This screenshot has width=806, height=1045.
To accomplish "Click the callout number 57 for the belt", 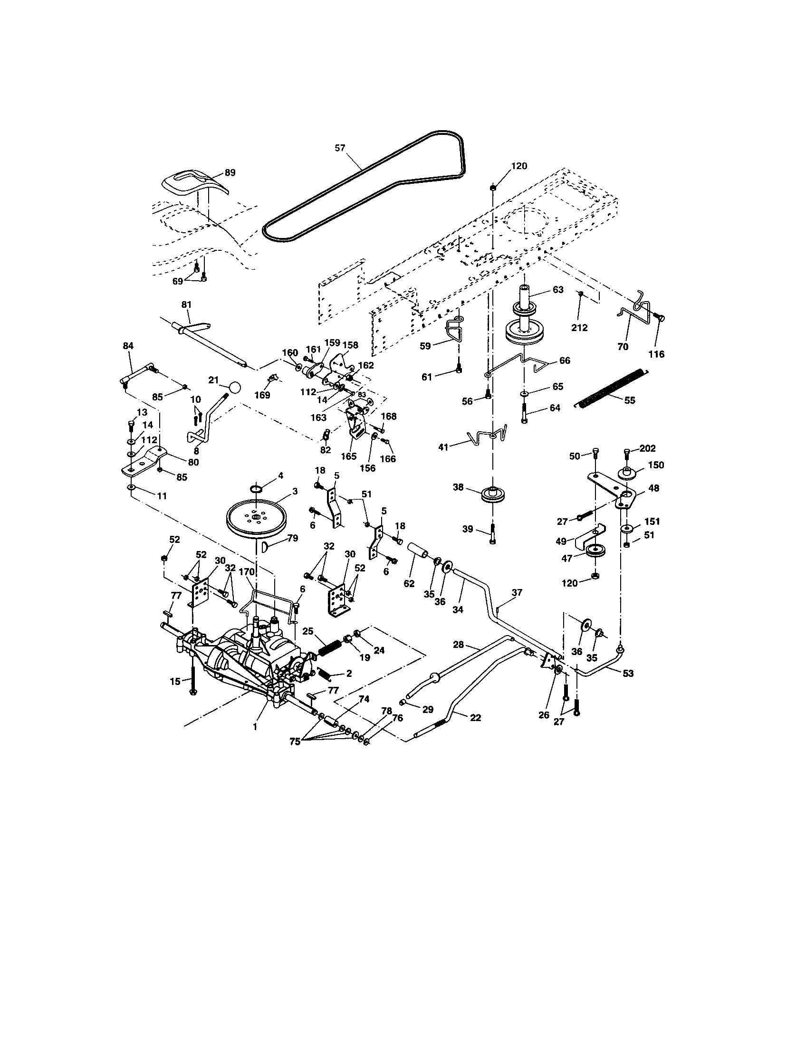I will [339, 148].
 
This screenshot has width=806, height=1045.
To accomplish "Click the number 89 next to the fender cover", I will [230, 173].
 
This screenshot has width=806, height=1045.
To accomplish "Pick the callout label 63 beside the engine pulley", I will [558, 290].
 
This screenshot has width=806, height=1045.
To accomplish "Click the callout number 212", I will [579, 328].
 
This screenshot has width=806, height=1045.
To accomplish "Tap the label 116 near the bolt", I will [656, 354].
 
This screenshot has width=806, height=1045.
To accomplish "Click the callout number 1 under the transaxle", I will [255, 726].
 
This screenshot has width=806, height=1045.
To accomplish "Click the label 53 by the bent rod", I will [628, 673].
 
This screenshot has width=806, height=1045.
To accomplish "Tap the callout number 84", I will [128, 346].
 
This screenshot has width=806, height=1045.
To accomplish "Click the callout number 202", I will [647, 449].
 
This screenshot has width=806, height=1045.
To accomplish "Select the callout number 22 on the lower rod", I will [475, 718].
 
